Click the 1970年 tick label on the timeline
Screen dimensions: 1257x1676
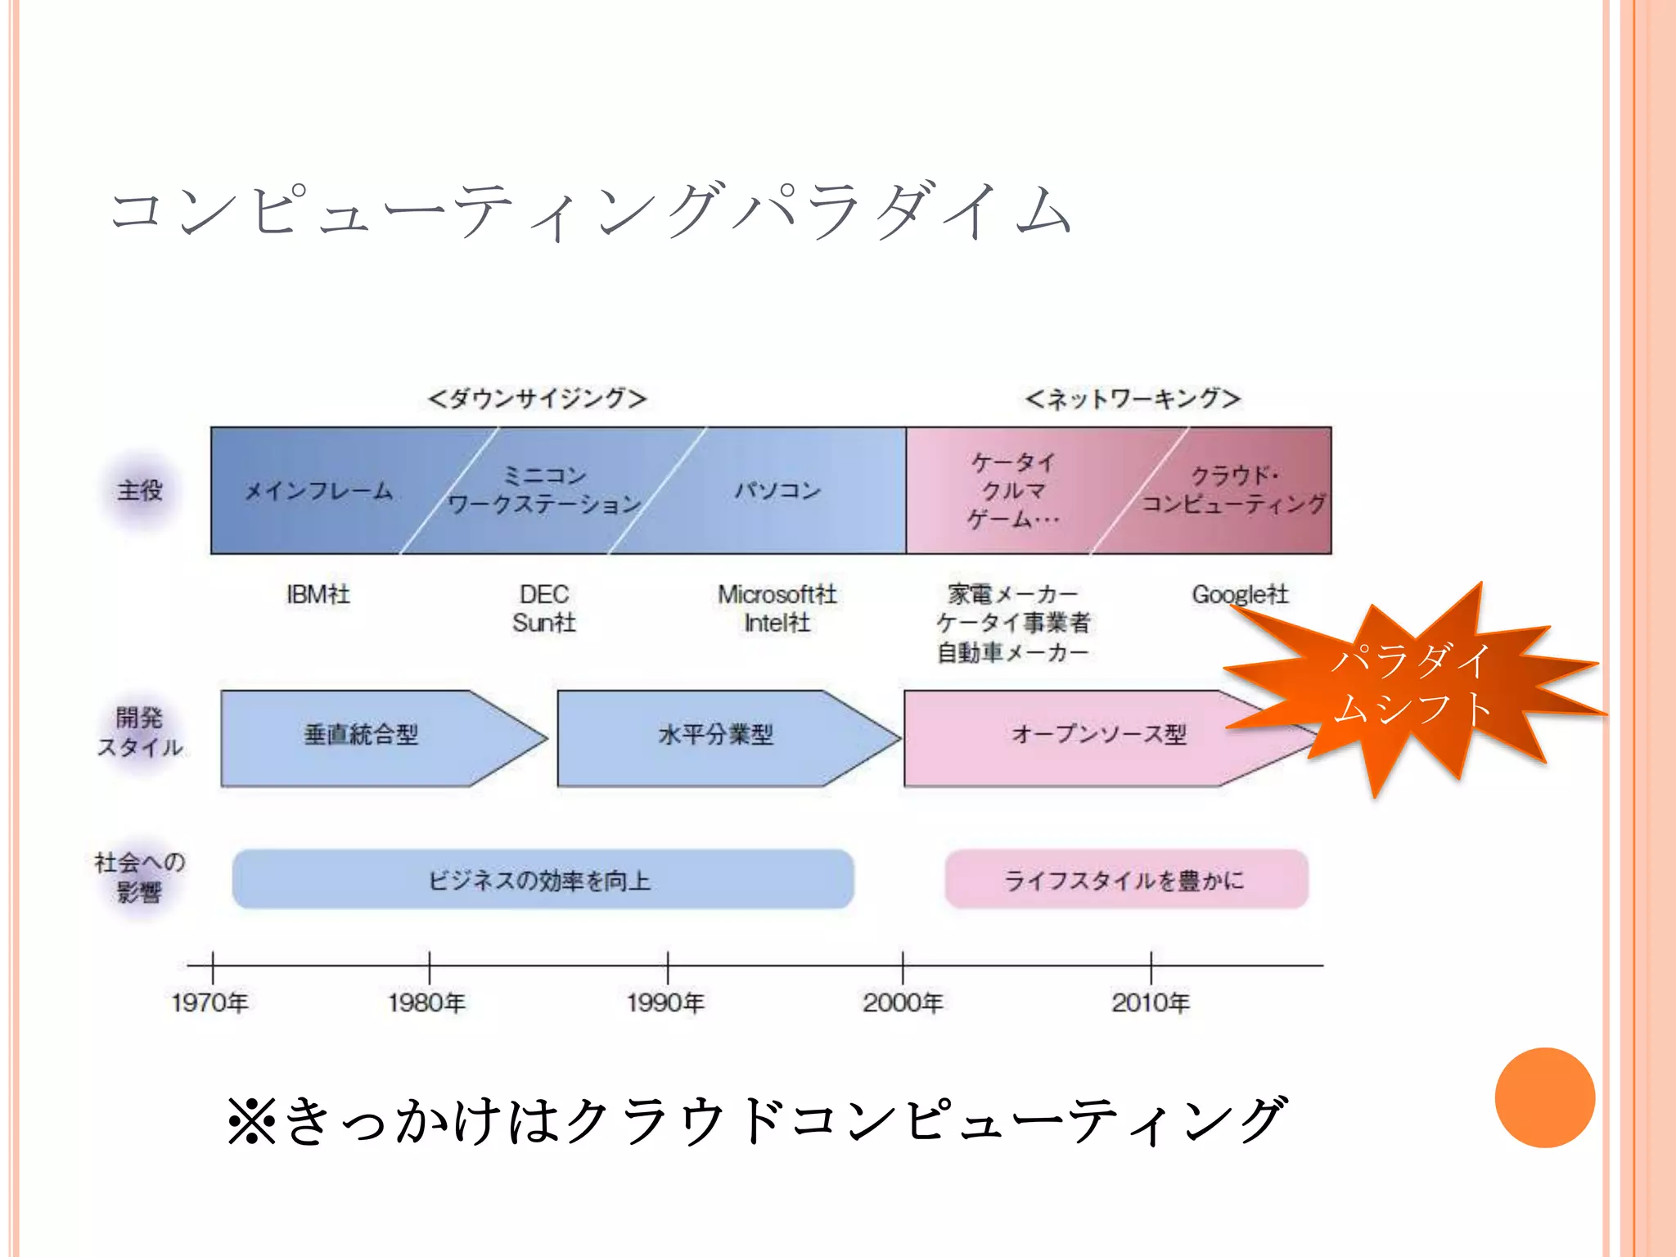(209, 1002)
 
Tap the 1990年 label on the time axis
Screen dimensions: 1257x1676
(665, 1002)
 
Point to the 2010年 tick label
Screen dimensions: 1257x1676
(1150, 1002)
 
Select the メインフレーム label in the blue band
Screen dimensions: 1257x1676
(319, 491)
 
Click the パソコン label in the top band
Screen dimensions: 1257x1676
(777, 491)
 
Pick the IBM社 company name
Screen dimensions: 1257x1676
(318, 594)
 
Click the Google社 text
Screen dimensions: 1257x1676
(1239, 594)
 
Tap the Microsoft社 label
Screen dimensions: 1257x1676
(777, 594)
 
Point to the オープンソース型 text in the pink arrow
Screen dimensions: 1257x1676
(1098, 735)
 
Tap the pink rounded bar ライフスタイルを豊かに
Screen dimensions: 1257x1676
(1125, 880)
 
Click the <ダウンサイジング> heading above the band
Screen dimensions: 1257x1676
(537, 399)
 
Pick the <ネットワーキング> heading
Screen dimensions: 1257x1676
(1133, 399)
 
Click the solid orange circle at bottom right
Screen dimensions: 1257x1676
(1544, 1097)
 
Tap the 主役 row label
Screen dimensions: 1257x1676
(140, 491)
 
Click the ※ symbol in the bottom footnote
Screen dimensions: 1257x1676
(252, 1120)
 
